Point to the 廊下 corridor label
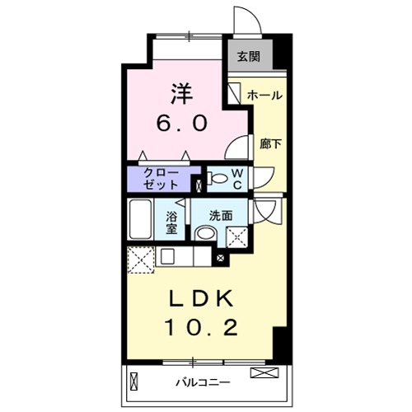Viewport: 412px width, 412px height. coord(269,143)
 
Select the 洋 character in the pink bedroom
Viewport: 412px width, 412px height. coord(183,90)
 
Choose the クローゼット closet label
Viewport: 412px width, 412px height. coord(159,178)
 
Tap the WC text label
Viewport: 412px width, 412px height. coord(236,178)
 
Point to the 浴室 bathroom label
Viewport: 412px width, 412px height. coord(172,222)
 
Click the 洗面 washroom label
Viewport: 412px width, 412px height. coord(220,214)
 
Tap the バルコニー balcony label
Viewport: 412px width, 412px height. coord(202,382)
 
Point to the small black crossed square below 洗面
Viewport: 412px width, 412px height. coord(220,258)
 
